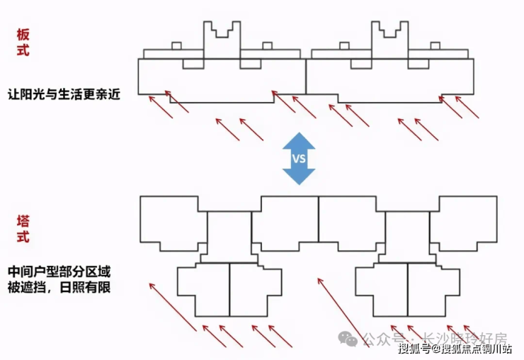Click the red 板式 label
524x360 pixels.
[x=23, y=43]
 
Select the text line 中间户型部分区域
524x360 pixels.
[x=60, y=272]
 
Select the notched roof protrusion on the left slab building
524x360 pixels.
[x=222, y=36]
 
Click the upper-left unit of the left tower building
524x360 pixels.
[x=170, y=222]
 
